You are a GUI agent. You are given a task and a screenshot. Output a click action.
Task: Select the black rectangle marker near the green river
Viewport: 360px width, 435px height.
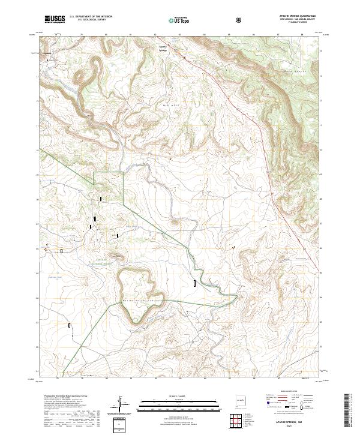pyautogui.click(x=195, y=283)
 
